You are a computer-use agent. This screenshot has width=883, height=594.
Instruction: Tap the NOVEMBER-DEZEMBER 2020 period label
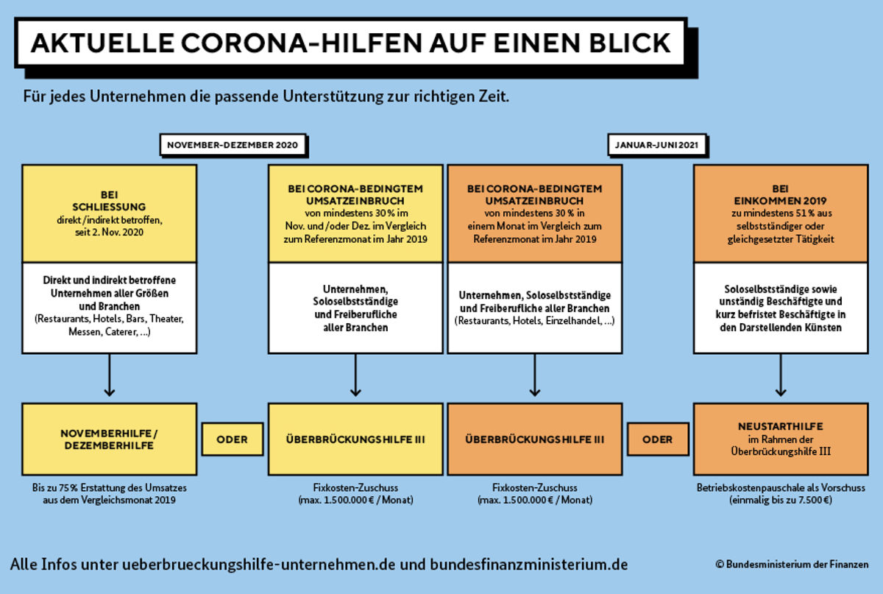coord(233,145)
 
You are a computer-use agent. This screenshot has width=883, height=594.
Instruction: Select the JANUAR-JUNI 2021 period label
coord(656,145)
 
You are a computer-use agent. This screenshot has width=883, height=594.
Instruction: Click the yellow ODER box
coord(233,439)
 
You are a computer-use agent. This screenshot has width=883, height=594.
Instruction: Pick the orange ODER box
coord(658,439)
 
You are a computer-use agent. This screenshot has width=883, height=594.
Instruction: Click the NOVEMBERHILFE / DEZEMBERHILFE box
coord(109,439)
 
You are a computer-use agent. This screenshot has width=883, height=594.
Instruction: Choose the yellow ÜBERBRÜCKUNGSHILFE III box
coord(355,439)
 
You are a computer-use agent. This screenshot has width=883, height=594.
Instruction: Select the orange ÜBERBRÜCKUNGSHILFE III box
coord(535,439)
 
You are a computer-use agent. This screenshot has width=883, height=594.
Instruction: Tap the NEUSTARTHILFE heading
coord(781,426)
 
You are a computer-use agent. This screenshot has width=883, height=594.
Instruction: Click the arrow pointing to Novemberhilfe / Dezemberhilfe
coord(109,375)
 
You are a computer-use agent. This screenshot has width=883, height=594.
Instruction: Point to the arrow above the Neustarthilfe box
coord(781,375)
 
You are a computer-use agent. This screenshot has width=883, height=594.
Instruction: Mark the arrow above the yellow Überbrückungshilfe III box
coord(355,375)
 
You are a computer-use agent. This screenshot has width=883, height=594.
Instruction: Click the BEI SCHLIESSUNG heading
coord(109,201)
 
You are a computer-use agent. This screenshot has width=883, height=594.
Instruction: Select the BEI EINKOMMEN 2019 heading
coord(781,195)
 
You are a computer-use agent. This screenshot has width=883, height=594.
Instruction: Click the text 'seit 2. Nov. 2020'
coord(109,232)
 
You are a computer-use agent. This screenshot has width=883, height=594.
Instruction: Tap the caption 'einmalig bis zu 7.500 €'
coord(781,500)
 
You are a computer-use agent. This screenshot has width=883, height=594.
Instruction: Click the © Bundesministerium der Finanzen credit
coord(792,565)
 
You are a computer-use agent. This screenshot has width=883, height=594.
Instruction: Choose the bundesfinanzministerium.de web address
coord(528,565)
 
